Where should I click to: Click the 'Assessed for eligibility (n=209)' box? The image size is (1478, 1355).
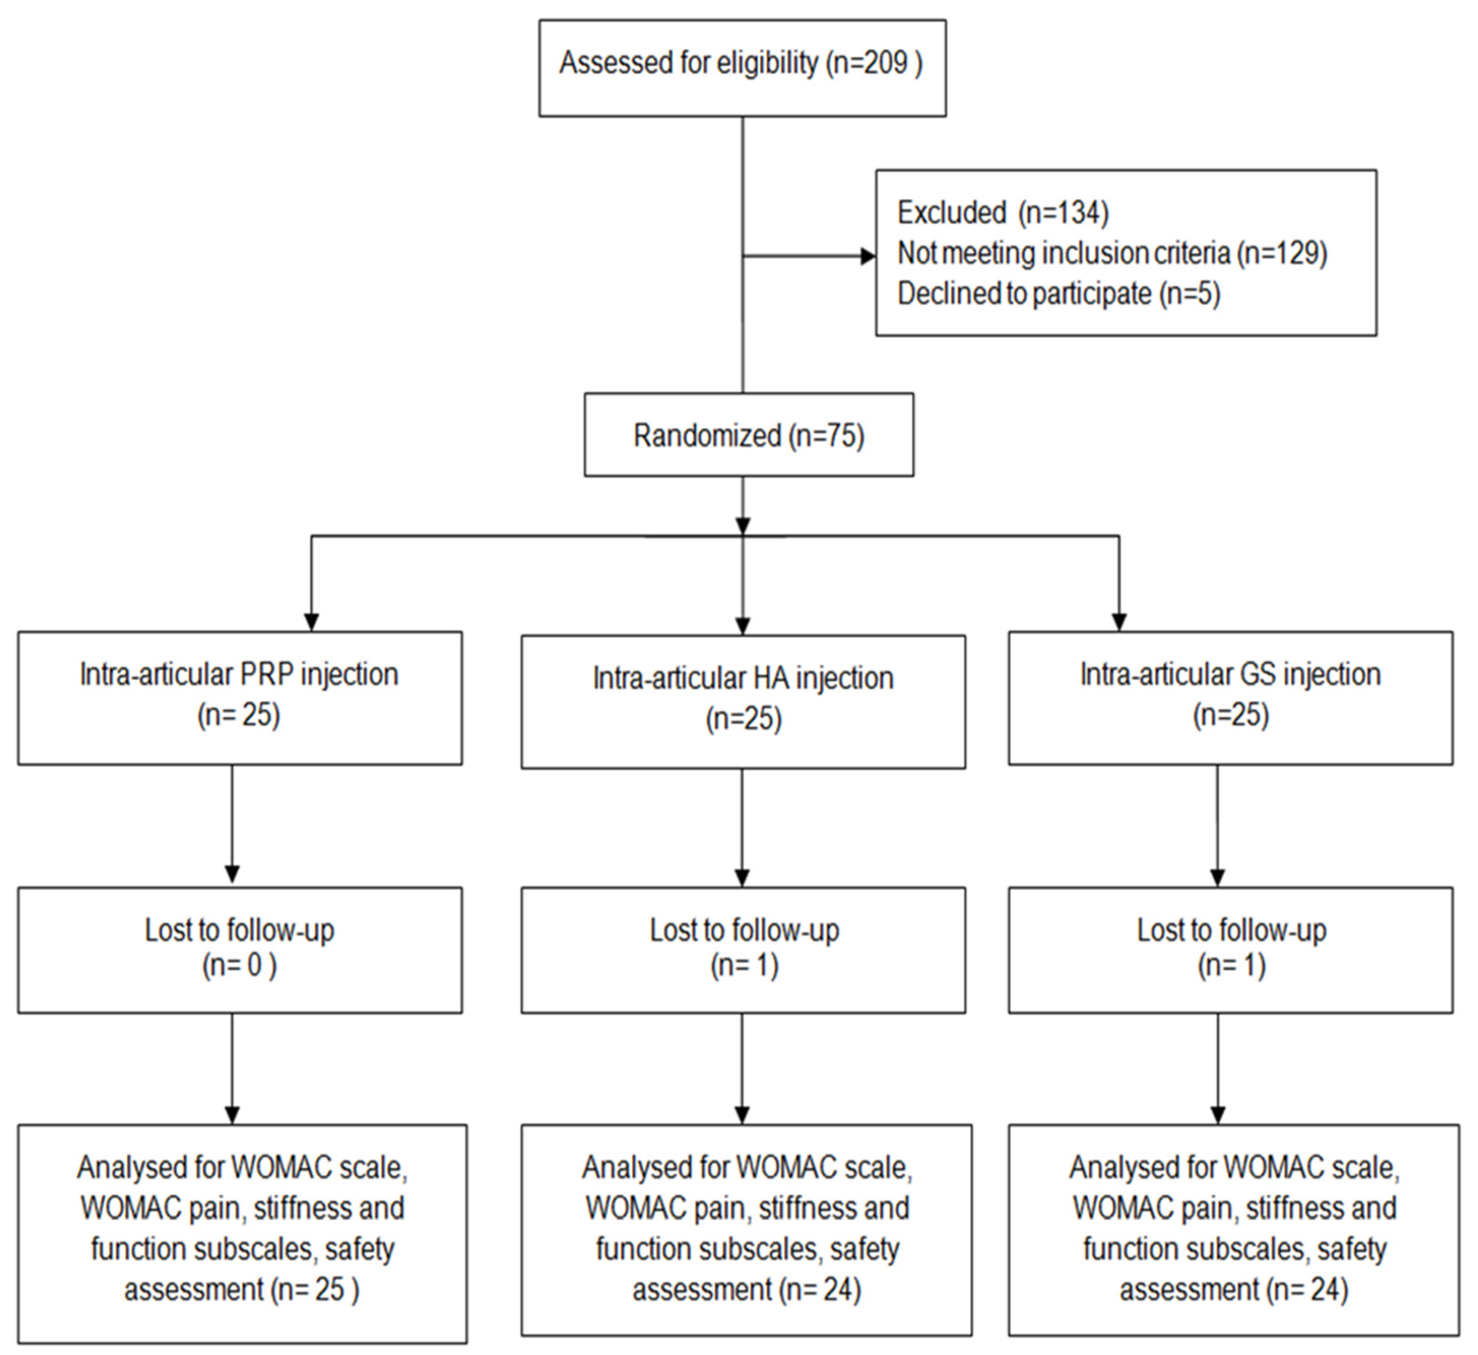(742, 68)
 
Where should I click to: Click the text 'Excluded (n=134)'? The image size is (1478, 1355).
(1002, 213)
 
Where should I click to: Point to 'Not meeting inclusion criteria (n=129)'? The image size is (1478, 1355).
(1112, 253)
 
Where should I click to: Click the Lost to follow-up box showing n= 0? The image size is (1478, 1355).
(240, 950)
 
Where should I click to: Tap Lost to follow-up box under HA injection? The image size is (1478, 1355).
(743, 950)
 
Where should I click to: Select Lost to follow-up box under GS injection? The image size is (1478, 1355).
(1230, 950)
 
